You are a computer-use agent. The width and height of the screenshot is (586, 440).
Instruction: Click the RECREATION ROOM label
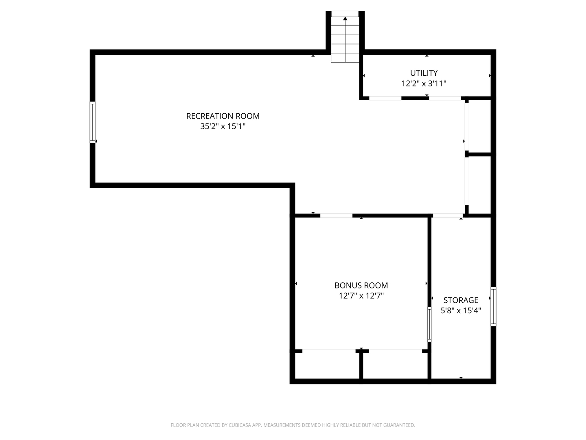coord(223,116)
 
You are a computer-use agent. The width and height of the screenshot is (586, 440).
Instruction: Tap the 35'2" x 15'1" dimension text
coord(223,126)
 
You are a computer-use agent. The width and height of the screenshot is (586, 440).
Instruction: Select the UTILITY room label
coord(424,73)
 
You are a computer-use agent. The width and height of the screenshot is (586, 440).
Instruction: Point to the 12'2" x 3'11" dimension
coord(424,84)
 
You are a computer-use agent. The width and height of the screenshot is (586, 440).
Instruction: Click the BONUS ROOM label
coord(361,285)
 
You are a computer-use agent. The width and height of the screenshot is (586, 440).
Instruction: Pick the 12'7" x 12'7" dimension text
coord(361,296)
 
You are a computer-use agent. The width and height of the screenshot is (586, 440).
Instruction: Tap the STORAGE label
coord(461,300)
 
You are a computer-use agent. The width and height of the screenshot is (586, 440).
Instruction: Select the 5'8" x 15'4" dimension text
coord(461,310)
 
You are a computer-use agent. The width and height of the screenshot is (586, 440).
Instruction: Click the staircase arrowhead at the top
coord(345,18)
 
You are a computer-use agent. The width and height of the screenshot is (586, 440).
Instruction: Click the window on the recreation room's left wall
coord(92,122)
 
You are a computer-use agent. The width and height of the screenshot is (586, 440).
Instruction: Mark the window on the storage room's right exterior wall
coord(493,306)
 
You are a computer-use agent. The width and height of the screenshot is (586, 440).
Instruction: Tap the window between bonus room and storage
coord(429,324)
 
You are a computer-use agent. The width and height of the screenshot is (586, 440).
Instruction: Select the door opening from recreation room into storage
coord(448,215)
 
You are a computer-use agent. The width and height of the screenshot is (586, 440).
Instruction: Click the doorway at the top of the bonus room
coord(336,215)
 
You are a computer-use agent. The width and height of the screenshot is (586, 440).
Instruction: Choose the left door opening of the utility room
coord(385,98)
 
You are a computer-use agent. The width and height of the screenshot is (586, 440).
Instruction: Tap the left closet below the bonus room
coord(327,365)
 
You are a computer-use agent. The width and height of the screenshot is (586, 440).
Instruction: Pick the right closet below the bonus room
coord(395,365)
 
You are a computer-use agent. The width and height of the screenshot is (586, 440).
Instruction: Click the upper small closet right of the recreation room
coord(479,126)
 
